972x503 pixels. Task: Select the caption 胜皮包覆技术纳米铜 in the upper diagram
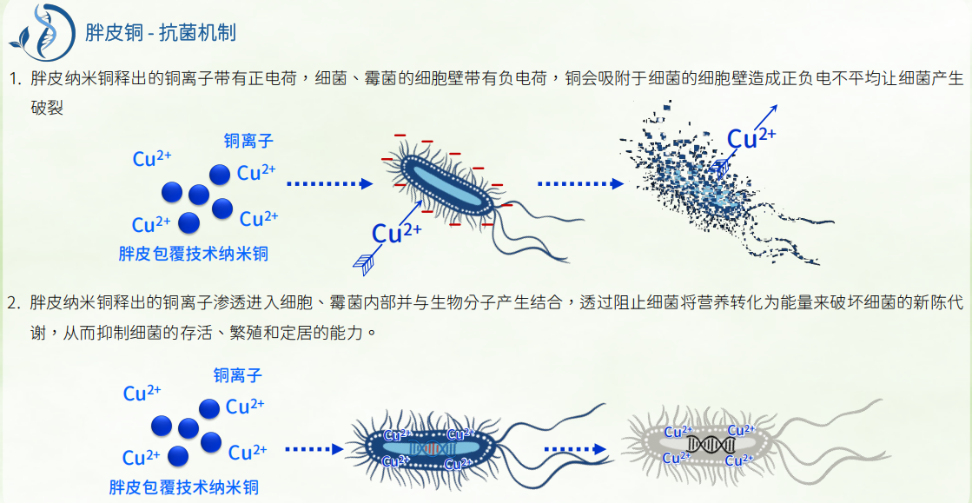coord(193,254)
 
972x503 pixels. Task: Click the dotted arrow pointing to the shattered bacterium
coord(580,184)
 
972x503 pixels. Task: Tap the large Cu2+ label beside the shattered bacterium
coord(750,138)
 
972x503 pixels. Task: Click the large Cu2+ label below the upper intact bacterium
coord(396,232)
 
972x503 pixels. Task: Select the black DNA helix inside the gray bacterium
coord(711,445)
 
